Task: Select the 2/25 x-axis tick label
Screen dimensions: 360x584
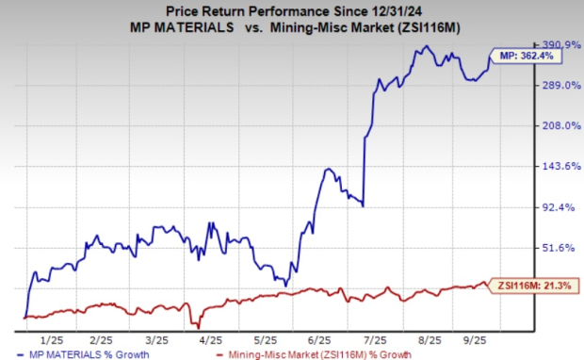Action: point(104,337)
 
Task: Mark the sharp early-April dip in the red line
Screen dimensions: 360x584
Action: point(199,325)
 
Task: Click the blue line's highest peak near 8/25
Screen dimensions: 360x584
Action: point(426,46)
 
